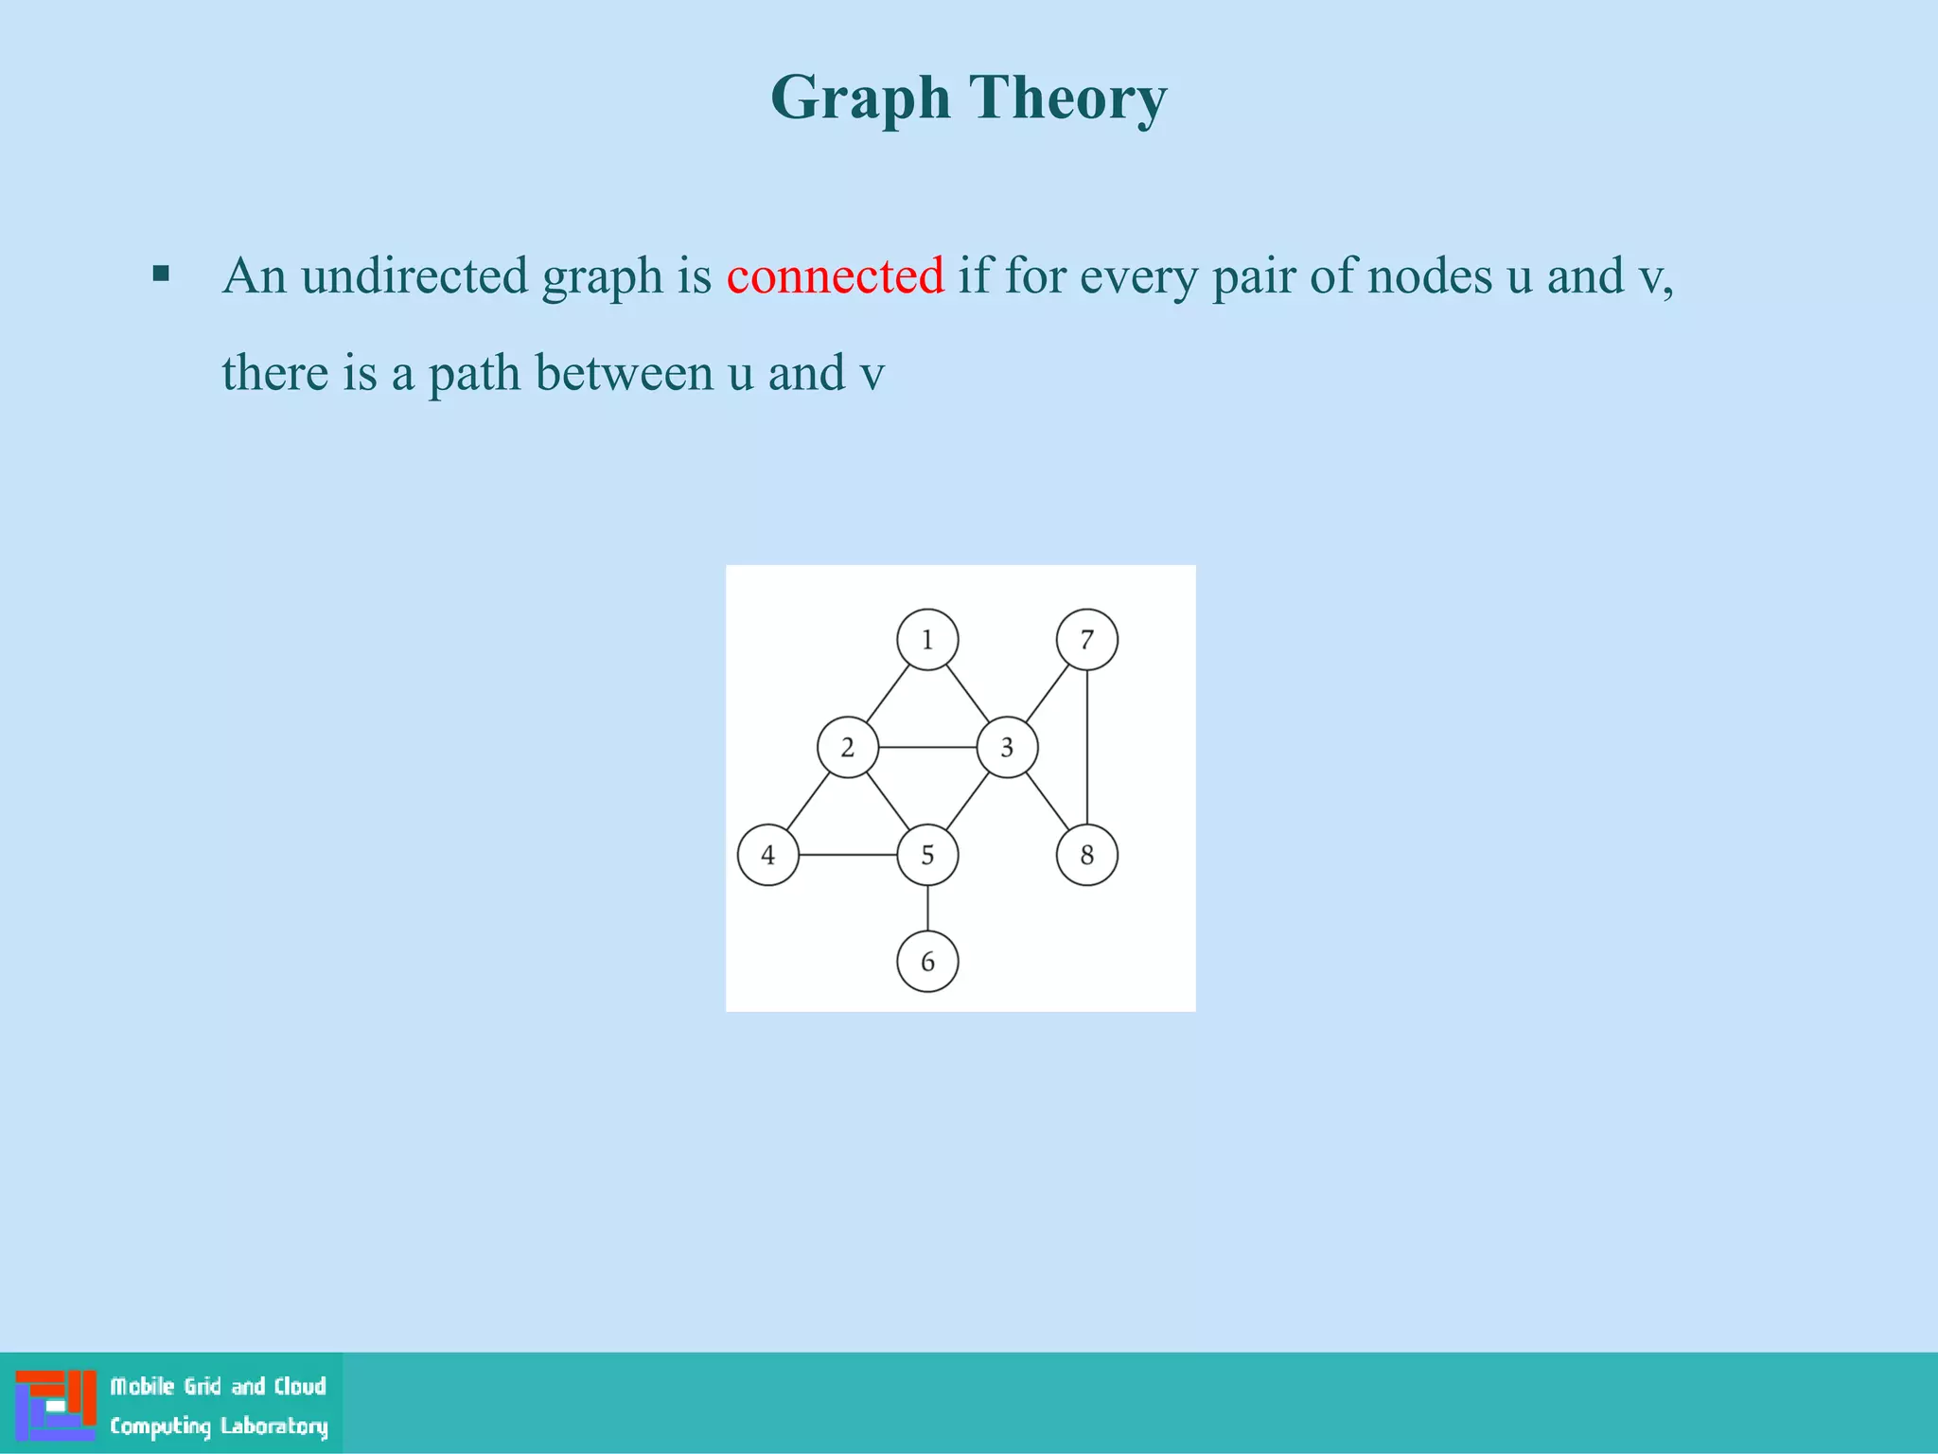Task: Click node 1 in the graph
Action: (x=927, y=640)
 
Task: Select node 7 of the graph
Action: (x=1086, y=640)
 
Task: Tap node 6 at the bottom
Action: (x=927, y=962)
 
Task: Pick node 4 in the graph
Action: (x=767, y=855)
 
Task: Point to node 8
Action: (x=1086, y=855)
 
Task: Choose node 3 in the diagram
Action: (x=1007, y=748)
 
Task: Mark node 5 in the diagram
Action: (x=927, y=855)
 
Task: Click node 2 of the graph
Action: (x=848, y=748)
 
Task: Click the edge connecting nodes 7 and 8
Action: (x=1086, y=748)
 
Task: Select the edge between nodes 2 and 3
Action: (x=927, y=748)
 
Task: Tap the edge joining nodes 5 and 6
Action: (x=927, y=909)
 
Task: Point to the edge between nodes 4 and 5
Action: (x=848, y=855)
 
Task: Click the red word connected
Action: (x=835, y=276)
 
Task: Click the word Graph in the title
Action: (x=860, y=98)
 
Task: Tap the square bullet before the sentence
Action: (x=161, y=275)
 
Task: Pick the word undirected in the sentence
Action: (x=414, y=276)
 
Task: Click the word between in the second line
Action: (x=624, y=373)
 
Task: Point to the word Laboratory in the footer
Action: (x=274, y=1427)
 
